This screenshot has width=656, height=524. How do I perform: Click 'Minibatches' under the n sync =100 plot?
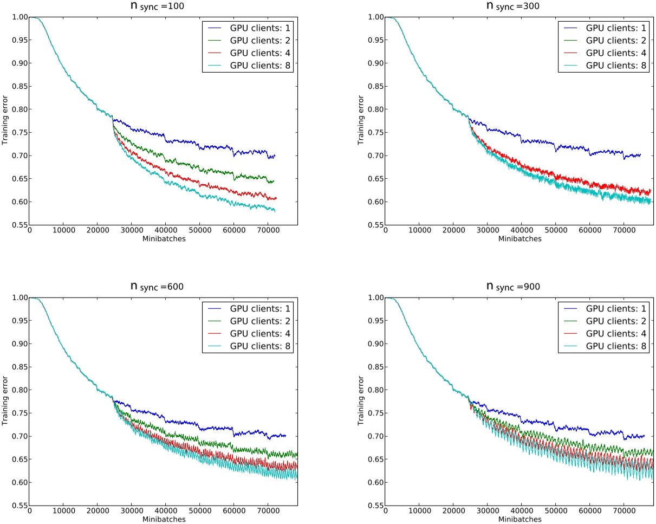tap(163, 239)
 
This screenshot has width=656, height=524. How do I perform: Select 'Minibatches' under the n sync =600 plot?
tap(163, 519)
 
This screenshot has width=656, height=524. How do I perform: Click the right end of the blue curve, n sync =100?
tap(275, 156)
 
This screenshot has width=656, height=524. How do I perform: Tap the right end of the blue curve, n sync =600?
tap(285, 436)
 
